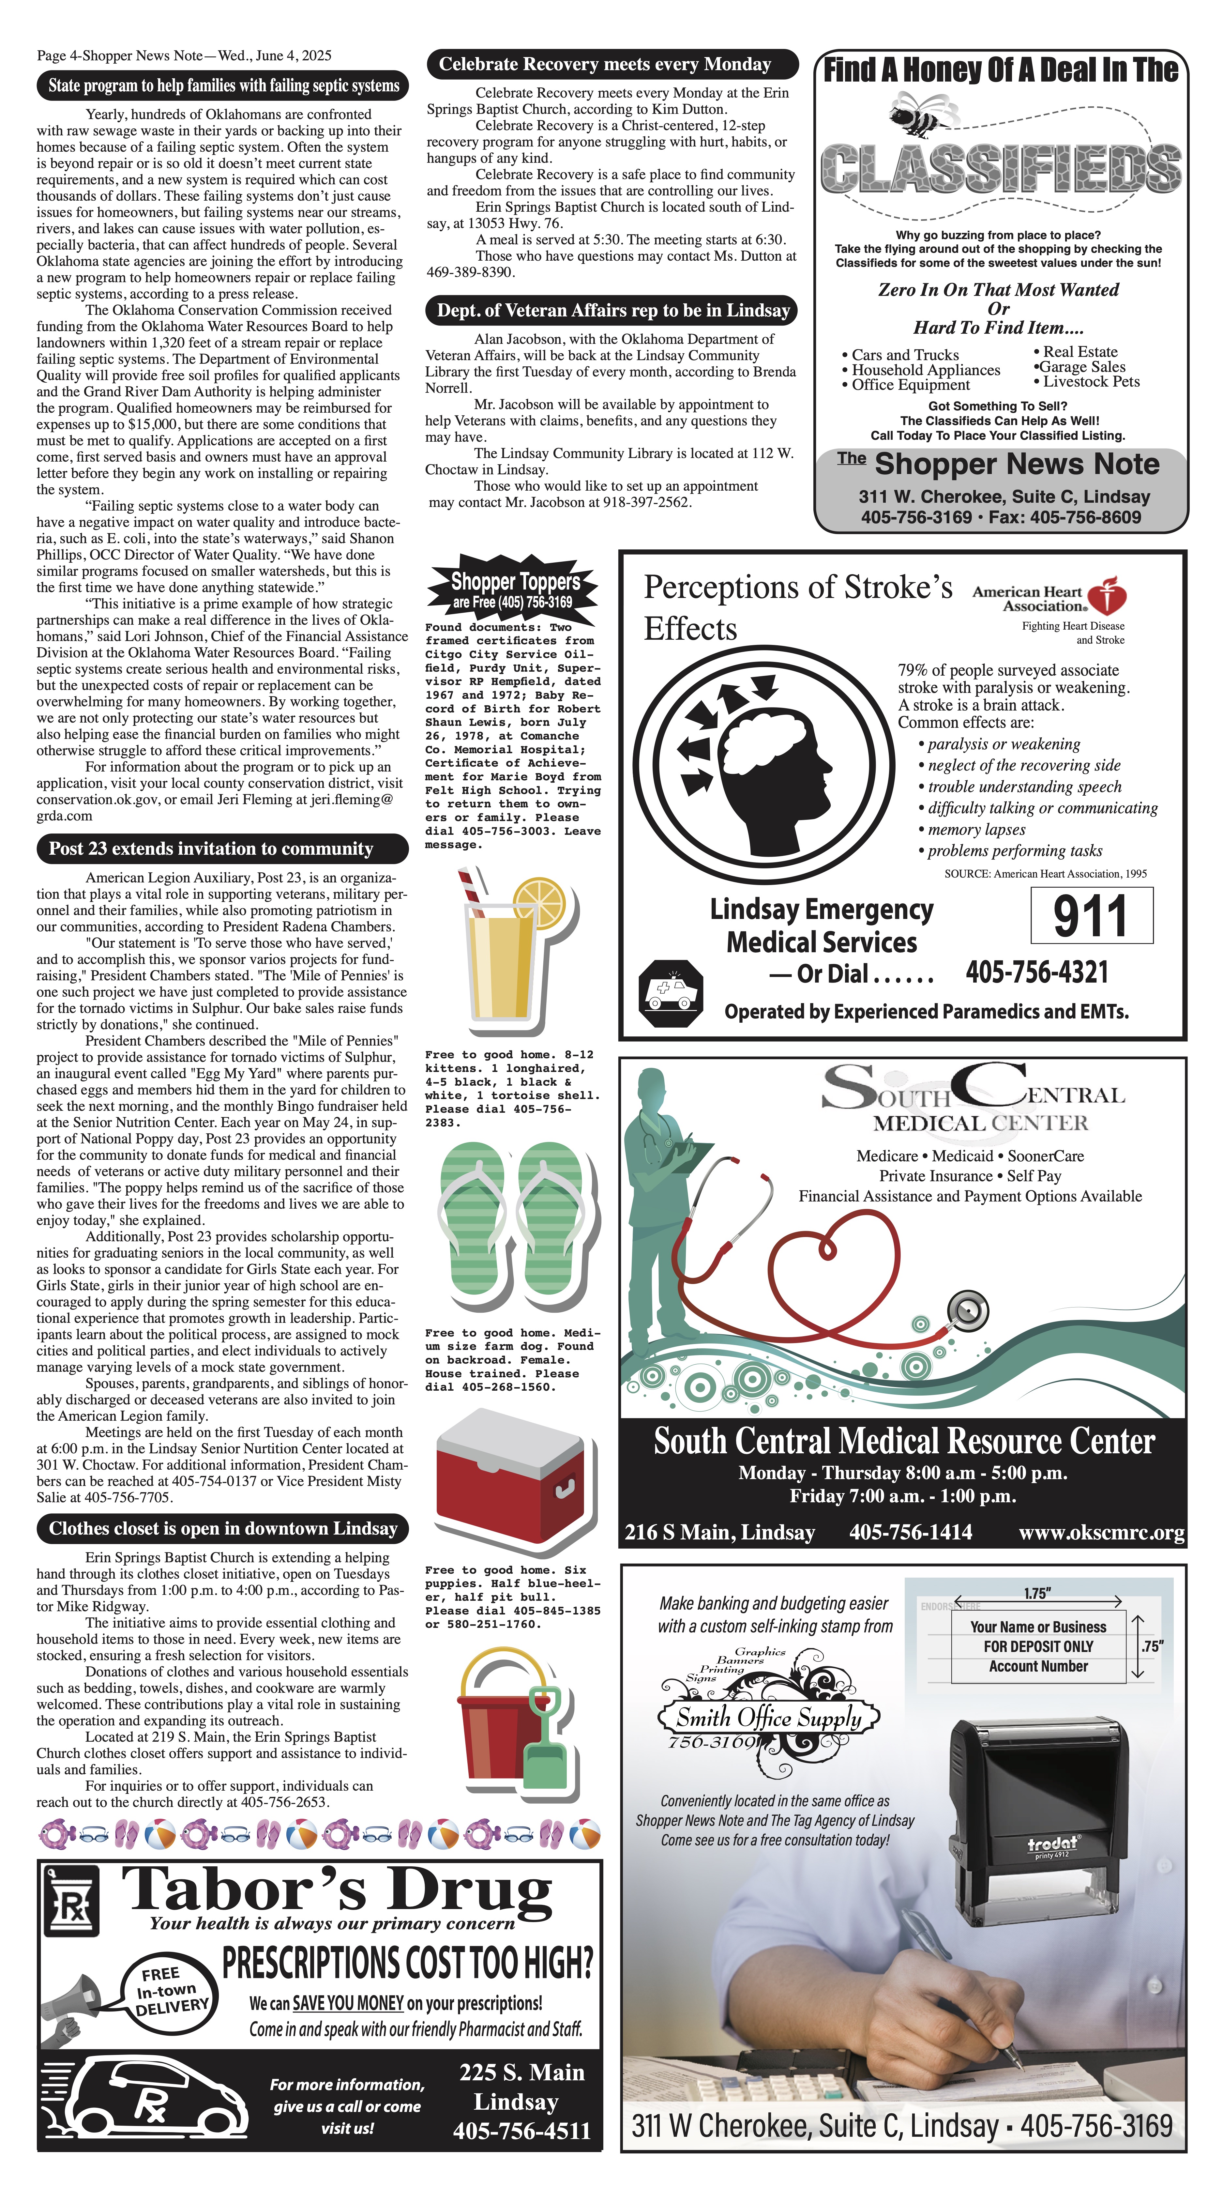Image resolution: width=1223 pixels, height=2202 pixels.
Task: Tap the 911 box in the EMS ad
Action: pyautogui.click(x=1091, y=915)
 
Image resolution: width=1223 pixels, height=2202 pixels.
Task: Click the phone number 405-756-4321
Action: pyautogui.click(x=1037, y=972)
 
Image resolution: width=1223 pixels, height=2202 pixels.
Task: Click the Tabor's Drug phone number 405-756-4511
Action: pyautogui.click(x=521, y=2130)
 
